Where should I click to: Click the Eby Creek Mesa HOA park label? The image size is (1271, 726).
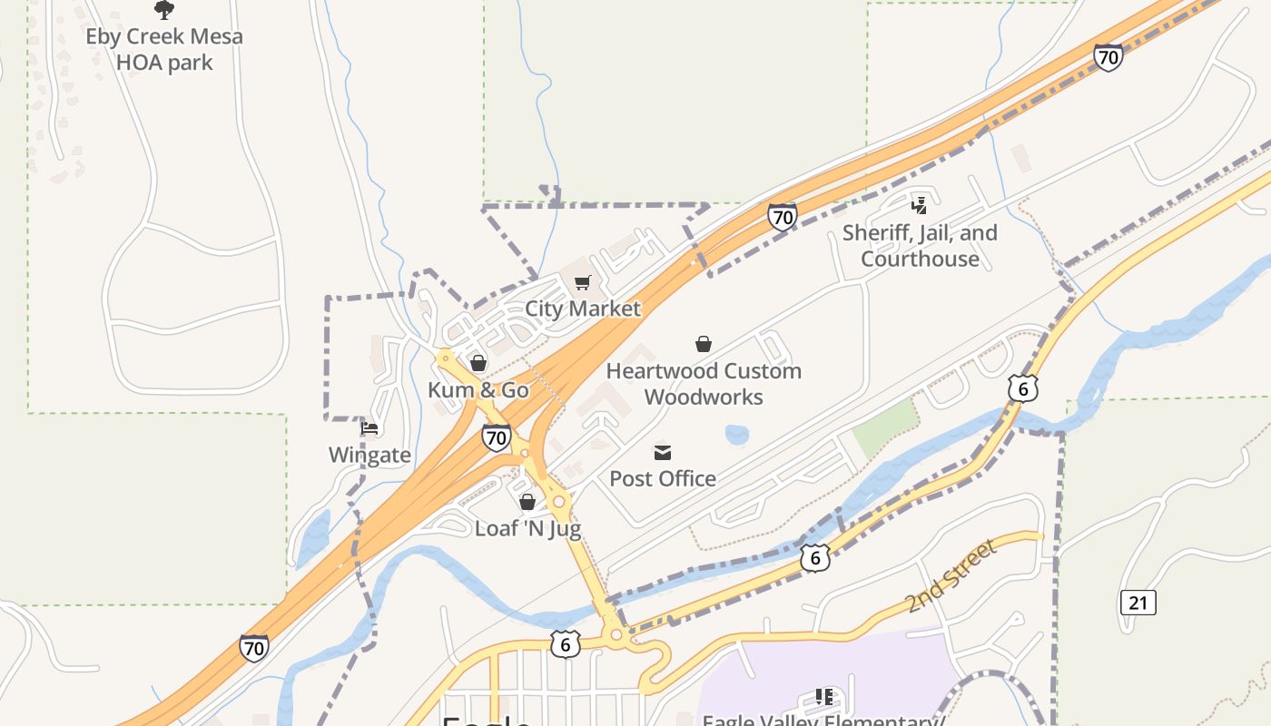pos(164,50)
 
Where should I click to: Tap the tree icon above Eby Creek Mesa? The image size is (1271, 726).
pos(164,10)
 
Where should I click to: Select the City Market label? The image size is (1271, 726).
pos(583,309)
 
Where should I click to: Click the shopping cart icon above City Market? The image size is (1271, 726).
pos(583,283)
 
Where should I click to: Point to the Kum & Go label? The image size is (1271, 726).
pos(478,390)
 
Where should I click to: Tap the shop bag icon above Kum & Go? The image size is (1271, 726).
pos(478,364)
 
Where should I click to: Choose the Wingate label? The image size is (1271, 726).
pos(369,455)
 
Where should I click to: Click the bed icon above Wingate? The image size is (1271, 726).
pos(369,428)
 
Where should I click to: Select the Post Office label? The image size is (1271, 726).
pos(663,478)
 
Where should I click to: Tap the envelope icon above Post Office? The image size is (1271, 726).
pos(663,452)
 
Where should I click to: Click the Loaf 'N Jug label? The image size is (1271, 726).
pos(527,528)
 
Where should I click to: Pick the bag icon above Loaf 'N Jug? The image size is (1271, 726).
pos(527,502)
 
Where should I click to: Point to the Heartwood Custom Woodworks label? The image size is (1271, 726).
pos(704,384)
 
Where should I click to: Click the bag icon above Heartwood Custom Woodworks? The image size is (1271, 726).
pos(704,344)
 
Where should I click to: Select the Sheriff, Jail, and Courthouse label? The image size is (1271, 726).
pos(920,246)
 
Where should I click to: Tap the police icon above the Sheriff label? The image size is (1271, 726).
pos(920,206)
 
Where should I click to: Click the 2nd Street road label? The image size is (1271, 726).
pos(951,575)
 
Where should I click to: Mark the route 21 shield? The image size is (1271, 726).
pos(1138,602)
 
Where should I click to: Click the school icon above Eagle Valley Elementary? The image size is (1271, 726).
pos(824,697)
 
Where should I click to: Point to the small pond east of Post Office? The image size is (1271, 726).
pos(737,435)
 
